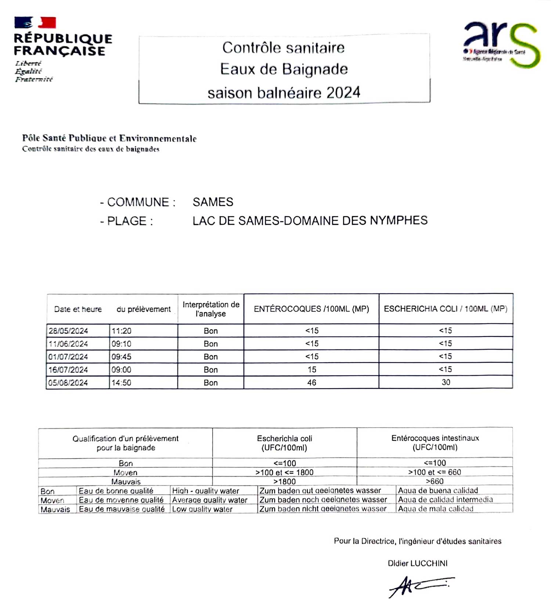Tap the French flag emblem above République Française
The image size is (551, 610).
point(35,22)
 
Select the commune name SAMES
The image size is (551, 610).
point(213,202)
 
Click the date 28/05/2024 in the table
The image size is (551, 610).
point(68,331)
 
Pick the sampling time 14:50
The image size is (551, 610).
point(121,383)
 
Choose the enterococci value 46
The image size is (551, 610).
point(311,383)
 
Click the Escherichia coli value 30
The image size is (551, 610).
point(446,382)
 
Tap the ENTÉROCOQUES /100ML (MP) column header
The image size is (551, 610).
point(311,309)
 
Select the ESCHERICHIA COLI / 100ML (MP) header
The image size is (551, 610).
point(446,309)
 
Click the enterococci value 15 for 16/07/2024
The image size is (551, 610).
point(312,370)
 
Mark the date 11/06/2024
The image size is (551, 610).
point(68,344)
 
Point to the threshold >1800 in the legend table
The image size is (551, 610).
point(284,481)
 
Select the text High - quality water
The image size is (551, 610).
point(205,491)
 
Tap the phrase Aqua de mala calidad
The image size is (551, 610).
point(436,509)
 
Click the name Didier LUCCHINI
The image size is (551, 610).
point(418,563)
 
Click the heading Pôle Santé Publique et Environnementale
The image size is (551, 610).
point(109,139)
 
